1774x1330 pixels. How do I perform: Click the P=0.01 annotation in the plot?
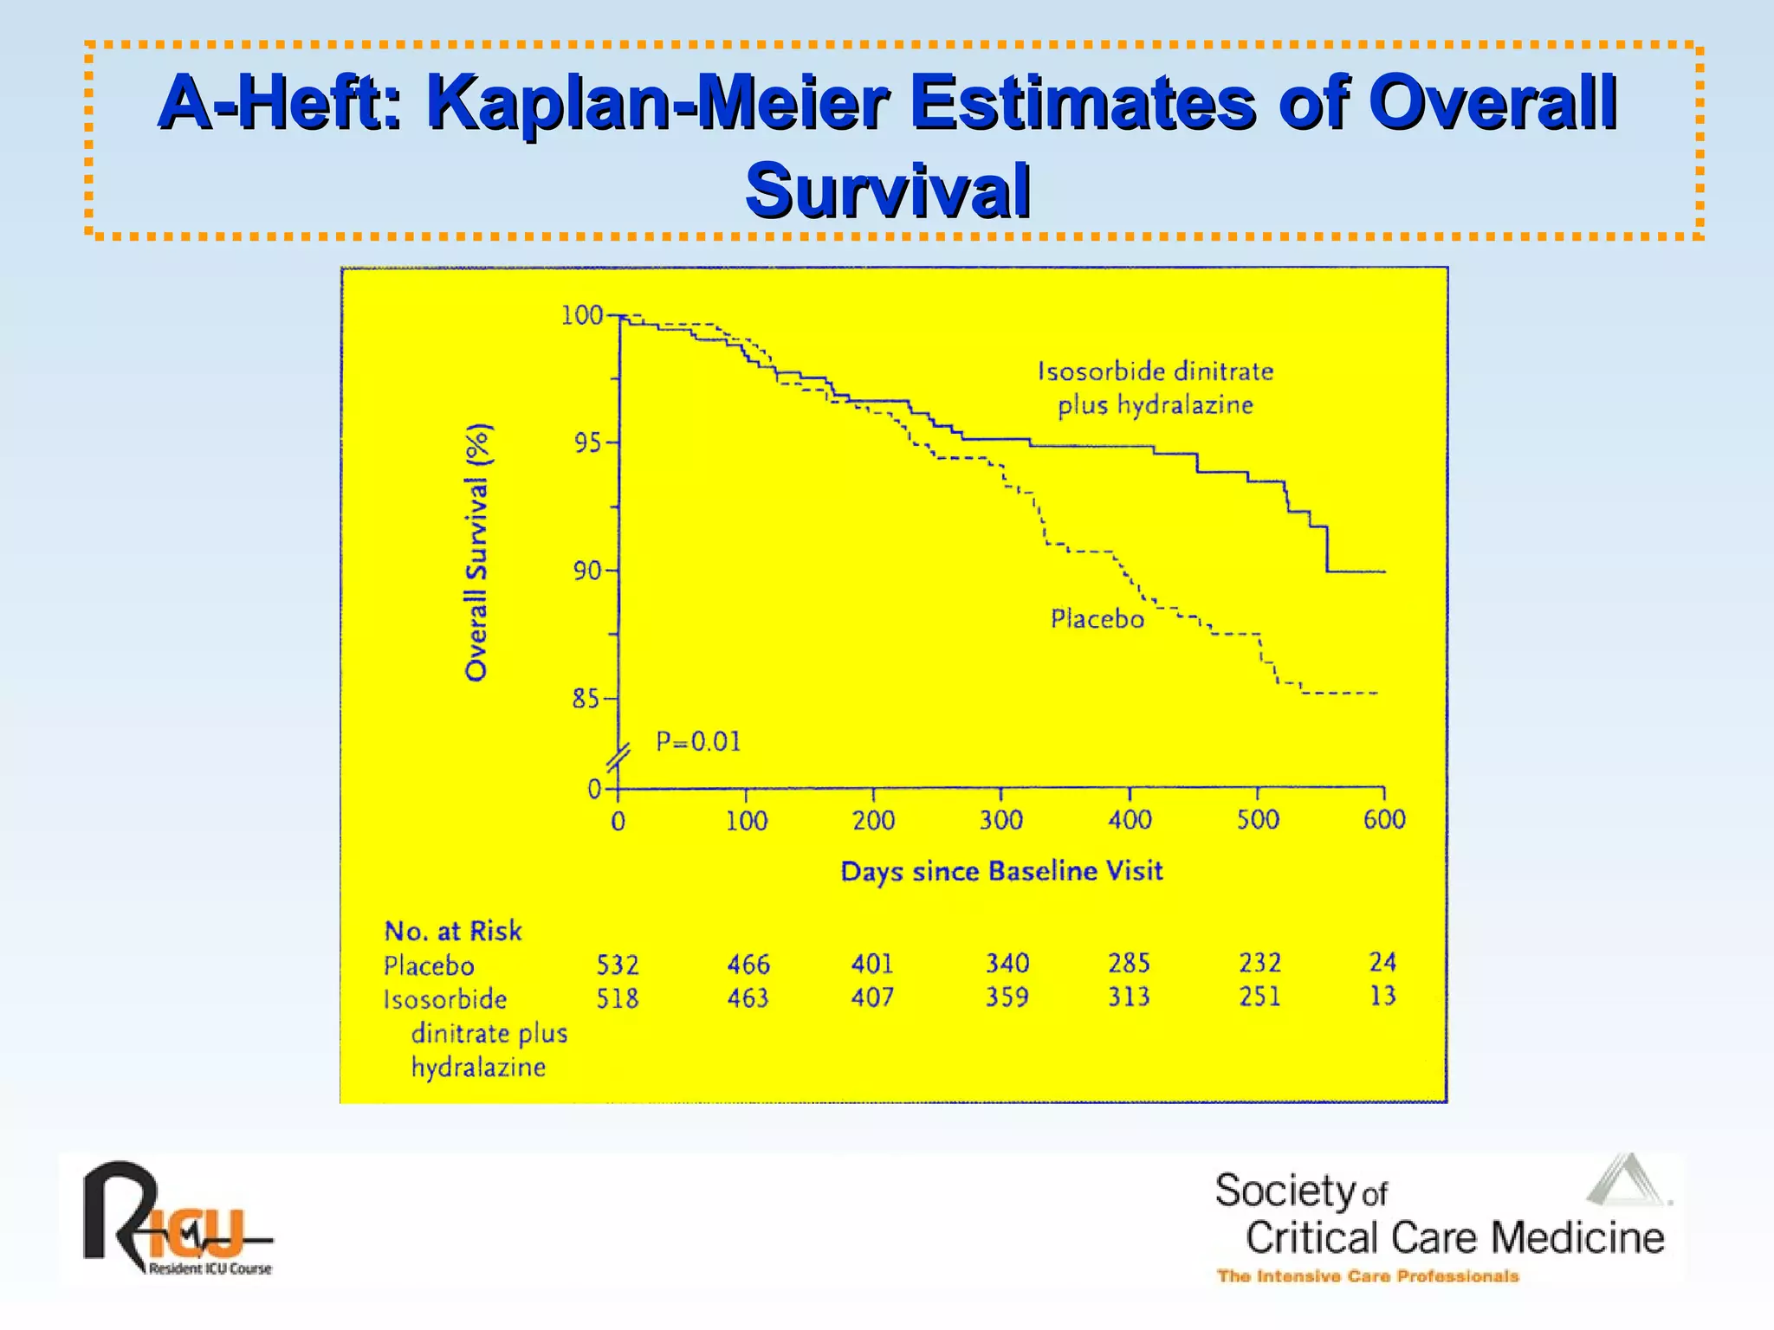pyautogui.click(x=698, y=742)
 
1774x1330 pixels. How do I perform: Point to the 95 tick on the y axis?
pyautogui.click(x=587, y=443)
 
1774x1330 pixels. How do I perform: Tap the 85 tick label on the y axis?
pyautogui.click(x=586, y=699)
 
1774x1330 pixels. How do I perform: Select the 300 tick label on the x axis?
pyautogui.click(x=1001, y=820)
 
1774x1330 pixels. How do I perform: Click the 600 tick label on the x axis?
pyautogui.click(x=1384, y=819)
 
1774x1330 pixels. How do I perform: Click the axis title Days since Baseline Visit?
pyautogui.click(x=1001, y=871)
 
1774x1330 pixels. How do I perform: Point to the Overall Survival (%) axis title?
pyautogui.click(x=477, y=552)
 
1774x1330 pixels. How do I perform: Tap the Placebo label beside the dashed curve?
pyautogui.click(x=1097, y=619)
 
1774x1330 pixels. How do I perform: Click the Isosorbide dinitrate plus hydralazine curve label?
pyautogui.click(x=1156, y=388)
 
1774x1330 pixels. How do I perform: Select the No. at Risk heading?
pyautogui.click(x=453, y=931)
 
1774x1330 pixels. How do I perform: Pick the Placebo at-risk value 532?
pyautogui.click(x=618, y=965)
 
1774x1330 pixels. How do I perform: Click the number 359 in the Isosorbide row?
pyautogui.click(x=1007, y=997)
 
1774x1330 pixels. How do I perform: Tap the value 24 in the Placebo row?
pyautogui.click(x=1382, y=962)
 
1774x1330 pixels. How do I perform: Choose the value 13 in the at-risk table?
pyautogui.click(x=1382, y=996)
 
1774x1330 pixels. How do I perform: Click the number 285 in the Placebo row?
pyautogui.click(x=1129, y=963)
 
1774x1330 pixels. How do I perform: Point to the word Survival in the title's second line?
pyautogui.click(x=888, y=190)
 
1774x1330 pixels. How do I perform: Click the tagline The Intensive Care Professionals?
pyautogui.click(x=1368, y=1275)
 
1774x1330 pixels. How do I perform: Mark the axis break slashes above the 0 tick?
pyautogui.click(x=618, y=759)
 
